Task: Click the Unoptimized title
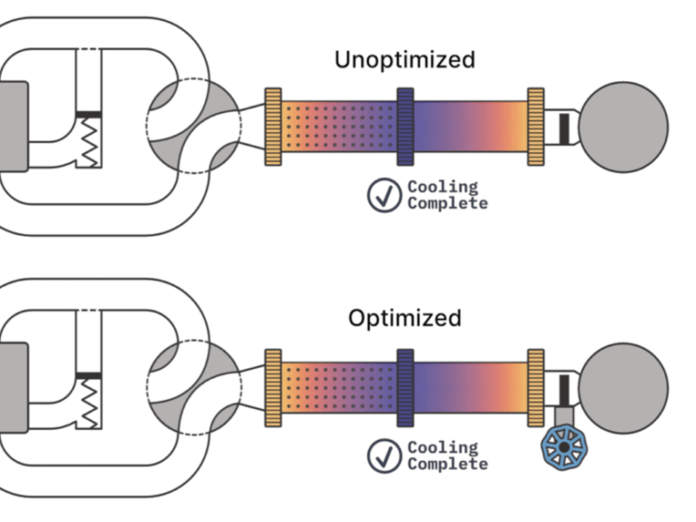(405, 60)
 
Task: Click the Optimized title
(405, 318)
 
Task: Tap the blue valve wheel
(563, 446)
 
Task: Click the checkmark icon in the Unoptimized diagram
(384, 195)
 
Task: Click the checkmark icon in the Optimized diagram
(384, 456)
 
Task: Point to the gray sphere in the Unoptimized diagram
(623, 127)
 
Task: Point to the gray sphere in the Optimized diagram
(623, 387)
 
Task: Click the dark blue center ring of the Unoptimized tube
(405, 126)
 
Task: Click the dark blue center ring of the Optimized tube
(405, 387)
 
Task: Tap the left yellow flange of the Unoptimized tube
(272, 126)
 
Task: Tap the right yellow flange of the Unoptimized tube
(536, 126)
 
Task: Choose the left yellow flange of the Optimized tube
(272, 387)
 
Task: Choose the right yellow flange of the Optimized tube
(536, 387)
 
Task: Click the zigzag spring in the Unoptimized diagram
(89, 143)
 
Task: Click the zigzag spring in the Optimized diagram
(89, 404)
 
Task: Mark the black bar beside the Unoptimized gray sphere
(563, 127)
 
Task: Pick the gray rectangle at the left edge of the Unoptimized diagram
(13, 127)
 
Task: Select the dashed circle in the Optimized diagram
(193, 387)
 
